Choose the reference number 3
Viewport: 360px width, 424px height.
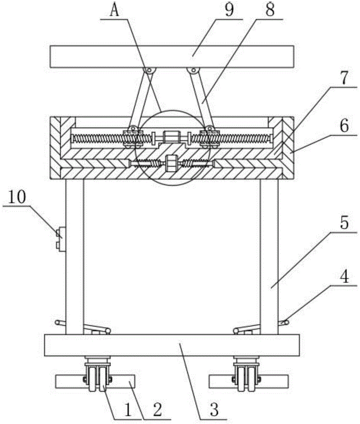pos(214,410)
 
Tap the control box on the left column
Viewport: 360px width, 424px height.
pos(60,239)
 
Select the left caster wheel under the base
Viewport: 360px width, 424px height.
pos(97,375)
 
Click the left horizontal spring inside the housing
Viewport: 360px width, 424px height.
pos(97,138)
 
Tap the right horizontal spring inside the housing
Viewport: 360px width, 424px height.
pos(241,138)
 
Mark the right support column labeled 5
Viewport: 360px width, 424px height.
pos(269,254)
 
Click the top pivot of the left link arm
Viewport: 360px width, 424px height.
pos(149,71)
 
